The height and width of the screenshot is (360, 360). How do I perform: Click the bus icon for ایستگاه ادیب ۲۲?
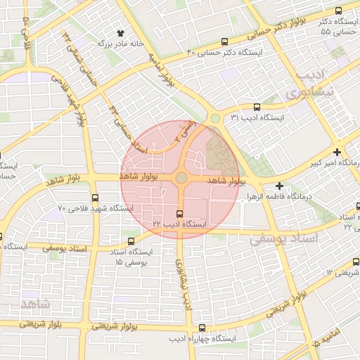[180, 214]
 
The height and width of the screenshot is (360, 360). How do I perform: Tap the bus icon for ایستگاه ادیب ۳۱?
[256, 108]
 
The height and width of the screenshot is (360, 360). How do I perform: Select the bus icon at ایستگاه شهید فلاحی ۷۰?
[95, 198]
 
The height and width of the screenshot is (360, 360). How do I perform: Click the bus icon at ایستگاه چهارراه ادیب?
[202, 328]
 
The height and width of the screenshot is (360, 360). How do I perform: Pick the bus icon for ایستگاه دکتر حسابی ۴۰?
[224, 41]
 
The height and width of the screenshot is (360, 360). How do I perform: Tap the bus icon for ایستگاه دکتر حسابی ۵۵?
[338, 11]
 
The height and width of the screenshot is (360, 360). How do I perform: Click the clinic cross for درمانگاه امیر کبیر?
[337, 152]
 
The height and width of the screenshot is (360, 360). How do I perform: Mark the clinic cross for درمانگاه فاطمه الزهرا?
[279, 186]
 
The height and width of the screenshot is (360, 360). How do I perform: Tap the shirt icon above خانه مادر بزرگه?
[120, 32]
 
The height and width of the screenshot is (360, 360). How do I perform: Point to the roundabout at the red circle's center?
[181, 179]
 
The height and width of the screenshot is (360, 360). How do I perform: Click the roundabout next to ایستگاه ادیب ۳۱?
[214, 118]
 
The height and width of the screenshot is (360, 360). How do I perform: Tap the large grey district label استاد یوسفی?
[284, 239]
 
